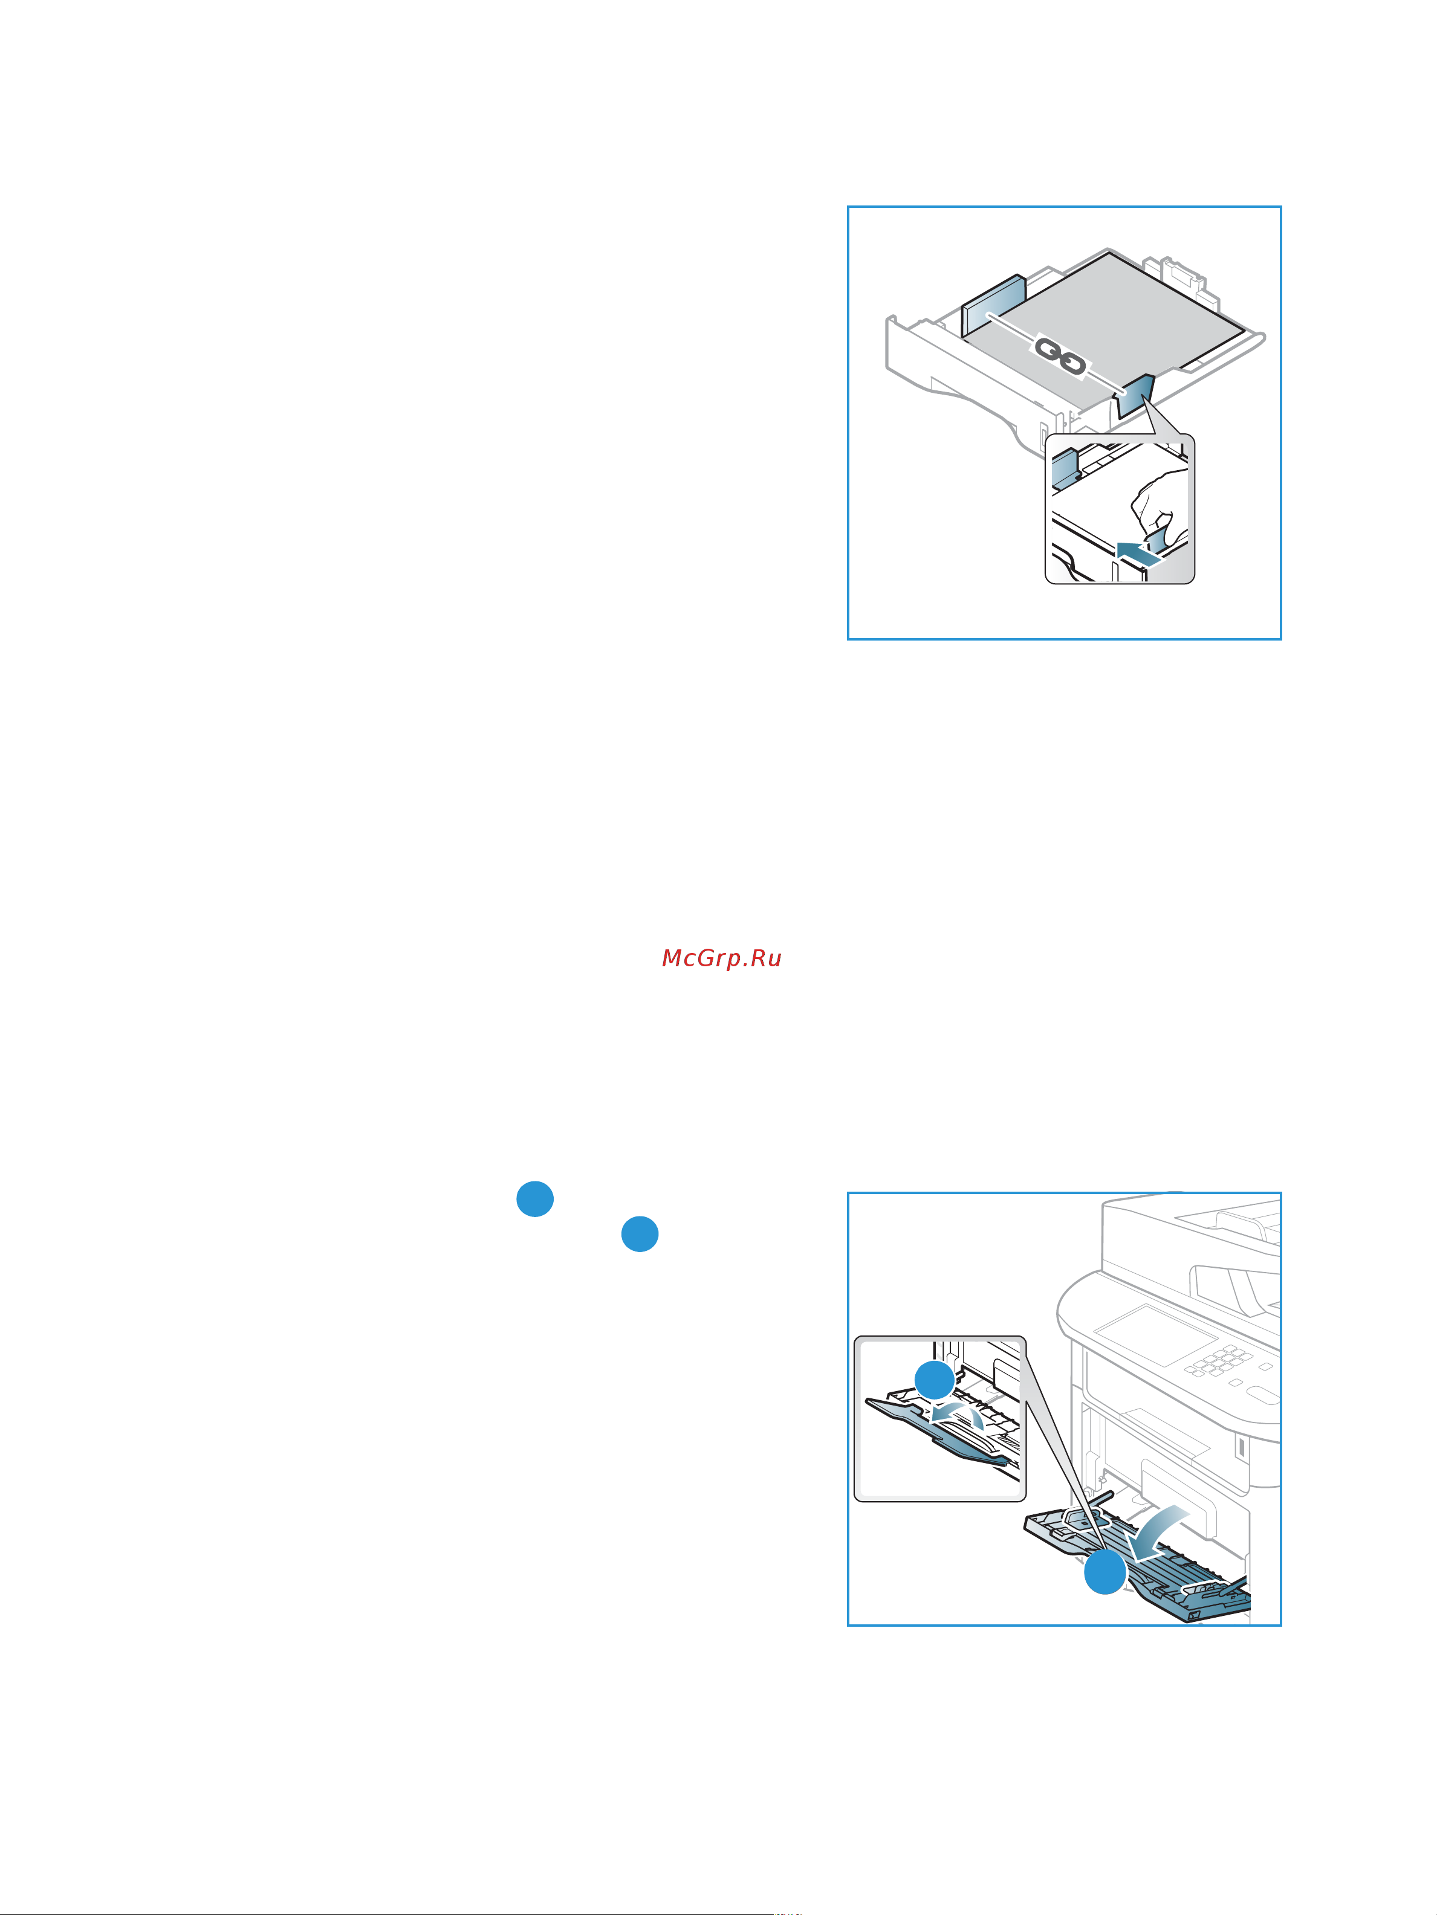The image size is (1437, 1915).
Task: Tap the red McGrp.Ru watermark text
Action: [x=722, y=958]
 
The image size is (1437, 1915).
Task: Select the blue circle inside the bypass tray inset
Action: [x=935, y=1380]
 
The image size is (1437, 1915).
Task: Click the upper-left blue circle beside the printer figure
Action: [x=535, y=1198]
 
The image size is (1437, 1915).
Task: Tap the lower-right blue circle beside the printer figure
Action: [x=640, y=1234]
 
